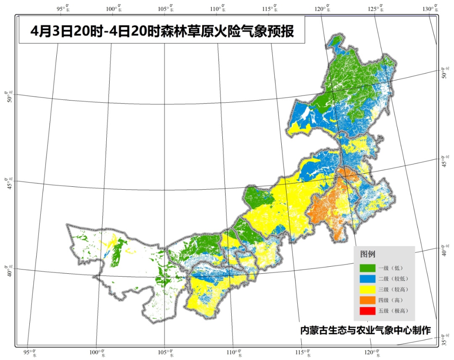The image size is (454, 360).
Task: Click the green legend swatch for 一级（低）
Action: pyautogui.click(x=367, y=267)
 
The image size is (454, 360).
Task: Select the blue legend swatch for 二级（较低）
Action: pyautogui.click(x=367, y=278)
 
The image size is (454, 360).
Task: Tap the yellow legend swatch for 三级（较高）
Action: pyautogui.click(x=367, y=289)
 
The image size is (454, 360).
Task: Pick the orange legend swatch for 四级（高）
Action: pyautogui.click(x=367, y=300)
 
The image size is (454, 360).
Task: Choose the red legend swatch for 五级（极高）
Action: pyautogui.click(x=367, y=311)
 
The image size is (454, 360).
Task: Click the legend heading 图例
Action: pyautogui.click(x=367, y=254)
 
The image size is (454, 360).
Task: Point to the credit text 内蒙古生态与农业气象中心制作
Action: pyautogui.click(x=365, y=330)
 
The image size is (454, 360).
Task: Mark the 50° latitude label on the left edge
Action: pyautogui.click(x=8, y=97)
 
